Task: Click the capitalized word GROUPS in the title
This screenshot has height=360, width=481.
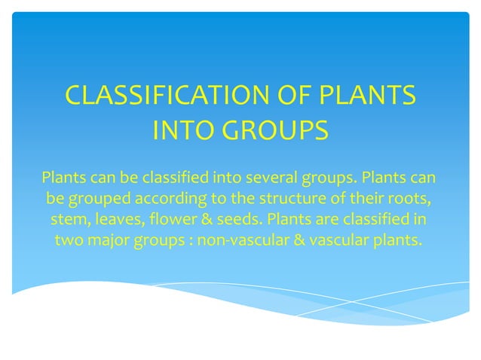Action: point(278,130)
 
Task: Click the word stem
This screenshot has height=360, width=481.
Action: point(69,221)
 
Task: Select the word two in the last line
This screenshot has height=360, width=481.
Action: point(70,242)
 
